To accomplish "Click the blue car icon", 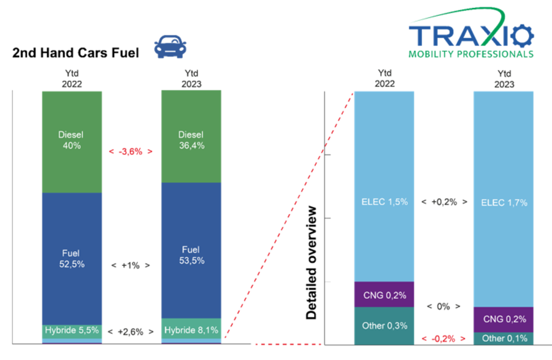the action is tap(170, 47).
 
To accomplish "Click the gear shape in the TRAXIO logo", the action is tap(523, 36).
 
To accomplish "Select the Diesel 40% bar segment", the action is tap(72, 142).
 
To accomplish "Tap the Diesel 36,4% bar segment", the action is tap(191, 137).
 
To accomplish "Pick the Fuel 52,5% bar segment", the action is tap(72, 259).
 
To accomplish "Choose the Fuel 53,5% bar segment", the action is tap(191, 251).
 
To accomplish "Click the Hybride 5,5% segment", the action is tap(72, 332).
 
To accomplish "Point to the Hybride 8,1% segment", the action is tap(191, 329).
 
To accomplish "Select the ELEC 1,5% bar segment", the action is tap(384, 186).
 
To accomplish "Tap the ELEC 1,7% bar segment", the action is tap(504, 199).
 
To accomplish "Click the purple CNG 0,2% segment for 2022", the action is tap(384, 294).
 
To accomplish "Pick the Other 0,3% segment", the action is tap(384, 326).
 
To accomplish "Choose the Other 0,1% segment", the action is tap(504, 339).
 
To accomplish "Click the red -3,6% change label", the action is tap(131, 151).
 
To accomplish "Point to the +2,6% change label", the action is tap(131, 332).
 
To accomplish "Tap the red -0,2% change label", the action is tap(443, 339).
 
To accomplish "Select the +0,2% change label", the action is tap(444, 202).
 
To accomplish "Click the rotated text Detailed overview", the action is tap(312, 262).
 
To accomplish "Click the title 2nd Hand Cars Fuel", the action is tap(75, 53).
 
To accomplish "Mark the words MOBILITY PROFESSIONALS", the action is tap(471, 54).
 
